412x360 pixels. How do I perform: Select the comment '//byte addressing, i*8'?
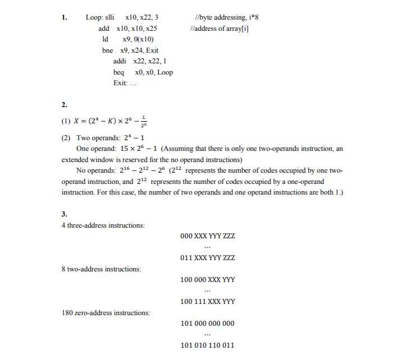[225, 17]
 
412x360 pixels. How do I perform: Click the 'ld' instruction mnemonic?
[105, 39]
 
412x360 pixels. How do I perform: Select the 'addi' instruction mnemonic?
[120, 61]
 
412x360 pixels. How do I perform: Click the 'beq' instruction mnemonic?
[118, 72]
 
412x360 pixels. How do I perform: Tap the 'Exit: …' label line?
[125, 83]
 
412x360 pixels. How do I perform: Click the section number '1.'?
[65, 17]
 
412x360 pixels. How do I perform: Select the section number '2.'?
[65, 105]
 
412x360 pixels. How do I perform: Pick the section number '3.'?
[65, 214]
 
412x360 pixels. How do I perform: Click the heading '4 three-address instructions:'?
[103, 225]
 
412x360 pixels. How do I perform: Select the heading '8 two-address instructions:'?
[101, 269]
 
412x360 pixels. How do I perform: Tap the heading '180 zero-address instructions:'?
[106, 312]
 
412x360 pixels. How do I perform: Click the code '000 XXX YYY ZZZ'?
[207, 236]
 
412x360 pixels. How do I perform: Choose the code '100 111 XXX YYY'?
[207, 302]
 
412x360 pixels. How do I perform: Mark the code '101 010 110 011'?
[207, 345]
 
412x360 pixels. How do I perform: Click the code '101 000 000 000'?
[207, 324]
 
